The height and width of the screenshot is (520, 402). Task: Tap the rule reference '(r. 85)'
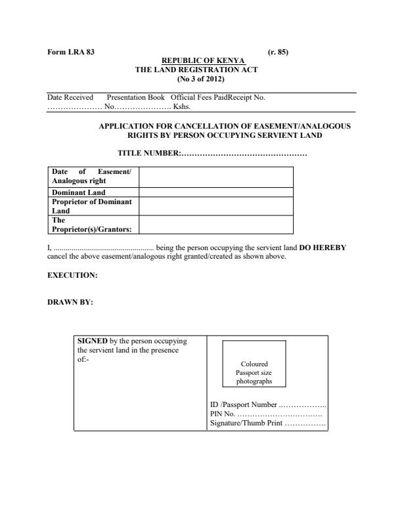click(279, 52)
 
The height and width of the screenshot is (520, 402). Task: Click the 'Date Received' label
click(70, 97)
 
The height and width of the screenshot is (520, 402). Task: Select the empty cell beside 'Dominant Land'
click(216, 192)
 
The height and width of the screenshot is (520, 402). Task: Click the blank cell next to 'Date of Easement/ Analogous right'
click(216, 177)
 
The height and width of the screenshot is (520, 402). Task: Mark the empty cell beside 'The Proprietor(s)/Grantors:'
click(216, 225)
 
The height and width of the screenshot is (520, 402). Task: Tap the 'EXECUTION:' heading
click(72, 276)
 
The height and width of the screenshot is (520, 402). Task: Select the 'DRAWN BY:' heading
click(70, 303)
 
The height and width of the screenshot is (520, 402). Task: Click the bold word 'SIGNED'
click(93, 341)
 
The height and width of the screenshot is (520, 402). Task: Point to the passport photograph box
click(254, 364)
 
